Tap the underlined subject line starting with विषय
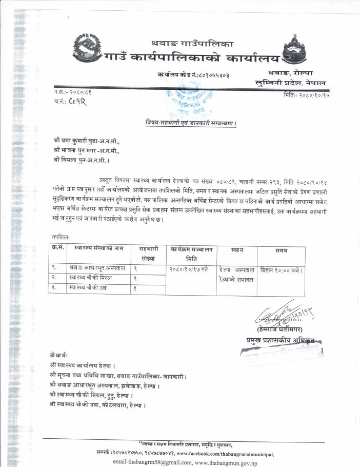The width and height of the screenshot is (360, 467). (190, 124)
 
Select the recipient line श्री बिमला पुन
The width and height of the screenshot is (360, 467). (77, 159)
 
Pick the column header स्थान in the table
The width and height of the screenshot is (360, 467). (237, 250)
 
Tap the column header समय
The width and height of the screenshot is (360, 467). (281, 250)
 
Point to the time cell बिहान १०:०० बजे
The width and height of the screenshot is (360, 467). (281, 269)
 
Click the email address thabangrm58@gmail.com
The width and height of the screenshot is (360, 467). (149, 461)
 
